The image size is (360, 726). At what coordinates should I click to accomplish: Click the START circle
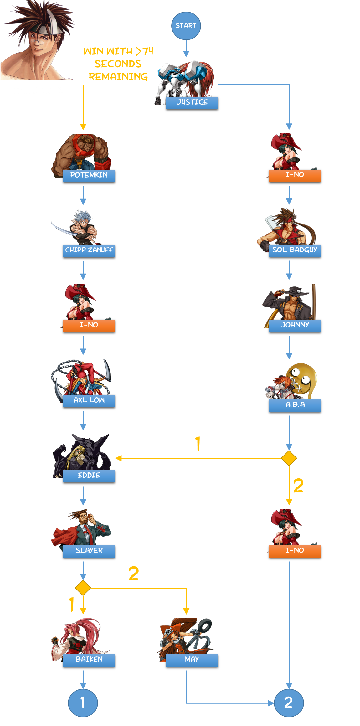pos(186,26)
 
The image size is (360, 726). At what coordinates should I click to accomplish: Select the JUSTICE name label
pos(192,102)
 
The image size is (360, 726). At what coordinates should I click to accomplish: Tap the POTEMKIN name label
pos(89,175)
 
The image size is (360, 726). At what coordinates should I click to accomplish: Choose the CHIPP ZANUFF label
pos(89,250)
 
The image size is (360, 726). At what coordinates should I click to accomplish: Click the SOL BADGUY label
pos(295,250)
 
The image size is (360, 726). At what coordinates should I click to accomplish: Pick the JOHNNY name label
pos(295,325)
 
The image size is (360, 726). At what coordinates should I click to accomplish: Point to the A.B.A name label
pos(295,405)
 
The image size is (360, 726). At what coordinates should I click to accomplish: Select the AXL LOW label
pos(89,400)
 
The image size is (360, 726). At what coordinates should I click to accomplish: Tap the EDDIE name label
pos(89,476)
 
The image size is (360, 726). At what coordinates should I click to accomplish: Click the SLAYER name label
pos(89,551)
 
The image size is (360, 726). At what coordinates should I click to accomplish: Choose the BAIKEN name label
pos(89,660)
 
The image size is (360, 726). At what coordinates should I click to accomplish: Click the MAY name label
pos(192,660)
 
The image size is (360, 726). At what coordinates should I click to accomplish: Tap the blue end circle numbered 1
pos(83,703)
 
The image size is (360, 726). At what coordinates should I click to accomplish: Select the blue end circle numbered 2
pos(289,703)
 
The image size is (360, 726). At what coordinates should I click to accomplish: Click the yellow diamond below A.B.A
pos(289,458)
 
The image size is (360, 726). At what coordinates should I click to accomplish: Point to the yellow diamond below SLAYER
pos(83,588)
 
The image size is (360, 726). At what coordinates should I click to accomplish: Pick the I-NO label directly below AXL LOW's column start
pos(89,325)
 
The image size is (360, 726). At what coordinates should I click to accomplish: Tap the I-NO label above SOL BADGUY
pos(295,175)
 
